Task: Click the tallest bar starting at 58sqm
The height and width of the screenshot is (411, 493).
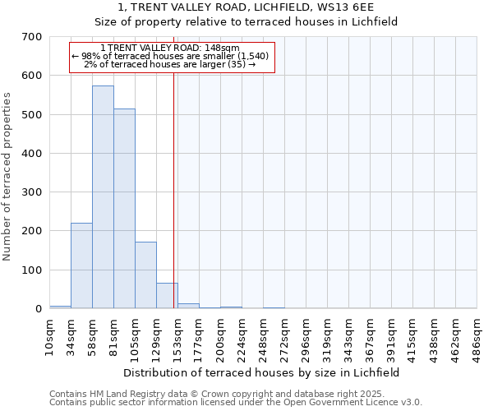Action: tap(103, 197)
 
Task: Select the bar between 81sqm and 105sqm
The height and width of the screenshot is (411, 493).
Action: tap(124, 209)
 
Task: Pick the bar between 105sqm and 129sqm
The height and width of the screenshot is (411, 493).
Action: tap(145, 275)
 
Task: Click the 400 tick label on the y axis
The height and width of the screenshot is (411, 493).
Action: tap(32, 154)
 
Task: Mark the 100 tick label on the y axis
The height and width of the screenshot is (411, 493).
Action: tap(32, 270)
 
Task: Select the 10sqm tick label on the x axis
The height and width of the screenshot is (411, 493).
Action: tap(50, 337)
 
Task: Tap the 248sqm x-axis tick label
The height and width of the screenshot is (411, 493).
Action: tap(264, 337)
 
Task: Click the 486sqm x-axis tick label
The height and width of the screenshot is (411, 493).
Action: tap(477, 337)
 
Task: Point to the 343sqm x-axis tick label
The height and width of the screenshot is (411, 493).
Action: tap(349, 337)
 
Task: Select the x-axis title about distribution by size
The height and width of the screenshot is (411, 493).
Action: tap(263, 372)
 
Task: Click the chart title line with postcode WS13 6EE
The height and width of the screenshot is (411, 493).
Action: tap(246, 7)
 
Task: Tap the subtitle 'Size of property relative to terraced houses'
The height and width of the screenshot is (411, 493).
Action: tap(246, 22)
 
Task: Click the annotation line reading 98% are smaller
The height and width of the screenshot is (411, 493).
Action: tap(170, 56)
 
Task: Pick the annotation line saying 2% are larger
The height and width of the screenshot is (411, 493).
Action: tap(170, 64)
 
